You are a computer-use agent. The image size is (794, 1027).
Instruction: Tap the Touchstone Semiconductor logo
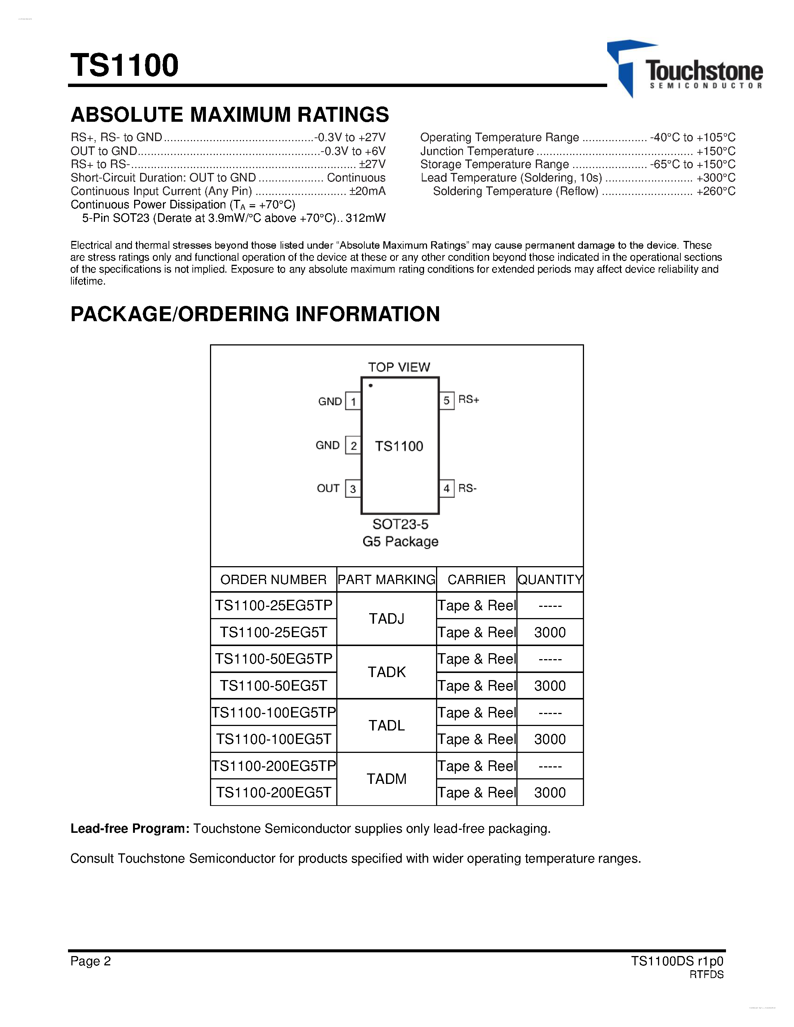685,69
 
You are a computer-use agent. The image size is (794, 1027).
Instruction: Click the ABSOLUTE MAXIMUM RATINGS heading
229,115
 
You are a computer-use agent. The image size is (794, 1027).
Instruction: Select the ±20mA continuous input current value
367,191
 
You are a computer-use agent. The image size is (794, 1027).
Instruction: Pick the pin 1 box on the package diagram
353,401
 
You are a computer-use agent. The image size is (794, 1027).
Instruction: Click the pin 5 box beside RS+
447,401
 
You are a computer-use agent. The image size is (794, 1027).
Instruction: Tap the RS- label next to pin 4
467,488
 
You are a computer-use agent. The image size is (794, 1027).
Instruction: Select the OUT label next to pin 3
328,488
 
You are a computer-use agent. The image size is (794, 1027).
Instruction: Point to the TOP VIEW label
399,367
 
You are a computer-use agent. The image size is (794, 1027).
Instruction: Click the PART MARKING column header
387,579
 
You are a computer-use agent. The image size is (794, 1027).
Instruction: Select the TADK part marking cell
387,672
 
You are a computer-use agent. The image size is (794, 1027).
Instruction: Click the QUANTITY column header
550,579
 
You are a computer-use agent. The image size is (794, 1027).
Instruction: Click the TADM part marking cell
387,779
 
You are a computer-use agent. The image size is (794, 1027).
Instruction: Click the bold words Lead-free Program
130,829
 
